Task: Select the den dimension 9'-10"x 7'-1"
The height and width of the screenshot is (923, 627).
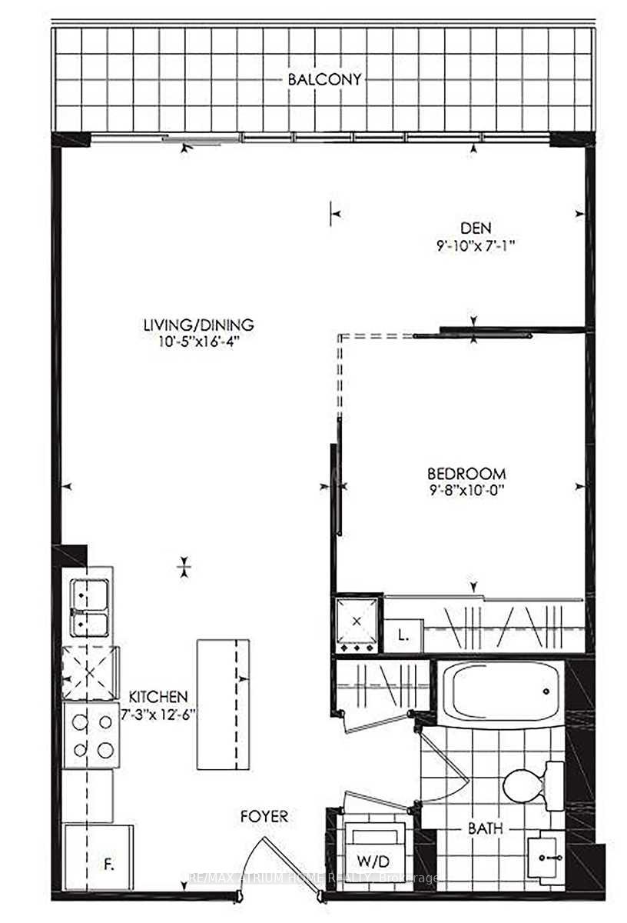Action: pyautogui.click(x=474, y=246)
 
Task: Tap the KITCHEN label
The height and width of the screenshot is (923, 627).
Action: pyautogui.click(x=158, y=696)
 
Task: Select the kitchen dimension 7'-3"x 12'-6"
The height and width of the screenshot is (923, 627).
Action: pyautogui.click(x=158, y=714)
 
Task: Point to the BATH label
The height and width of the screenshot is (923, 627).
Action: pyautogui.click(x=486, y=829)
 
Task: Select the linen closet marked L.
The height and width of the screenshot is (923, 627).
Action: pyautogui.click(x=403, y=635)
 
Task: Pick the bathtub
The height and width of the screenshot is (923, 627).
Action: pyautogui.click(x=499, y=689)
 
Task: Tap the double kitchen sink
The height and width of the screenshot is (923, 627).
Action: pyautogui.click(x=90, y=607)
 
